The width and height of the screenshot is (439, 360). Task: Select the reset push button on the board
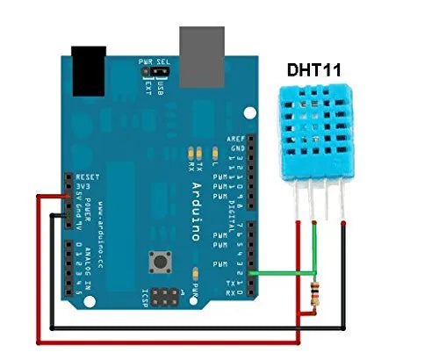(161, 261)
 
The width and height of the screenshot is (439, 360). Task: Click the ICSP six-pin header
(165, 295)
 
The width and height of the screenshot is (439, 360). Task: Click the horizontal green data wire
(284, 273)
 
